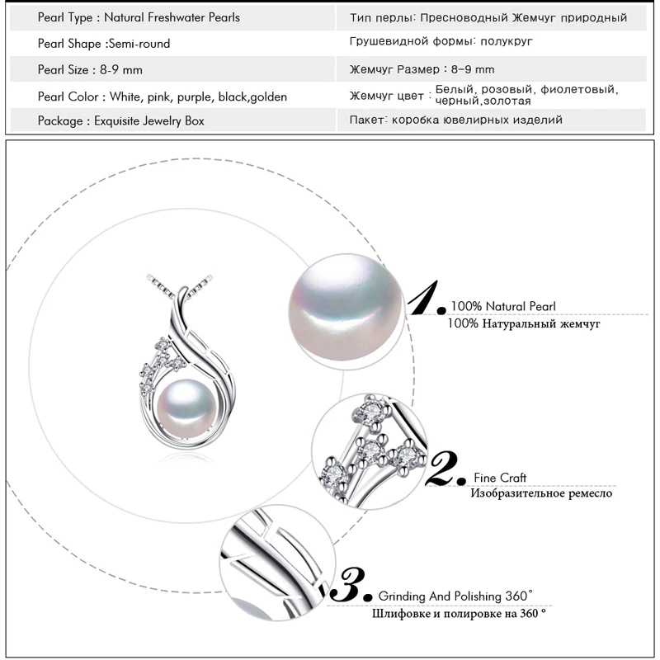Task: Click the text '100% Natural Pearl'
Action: click(x=504, y=306)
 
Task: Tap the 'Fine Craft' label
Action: click(x=500, y=478)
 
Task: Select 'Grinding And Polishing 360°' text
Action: click(x=455, y=596)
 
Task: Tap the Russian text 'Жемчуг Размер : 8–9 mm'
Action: click(x=422, y=69)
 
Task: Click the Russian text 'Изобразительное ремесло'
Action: click(x=541, y=493)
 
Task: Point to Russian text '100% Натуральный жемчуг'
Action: click(x=523, y=324)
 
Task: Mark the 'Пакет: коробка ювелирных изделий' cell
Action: click(x=456, y=120)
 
